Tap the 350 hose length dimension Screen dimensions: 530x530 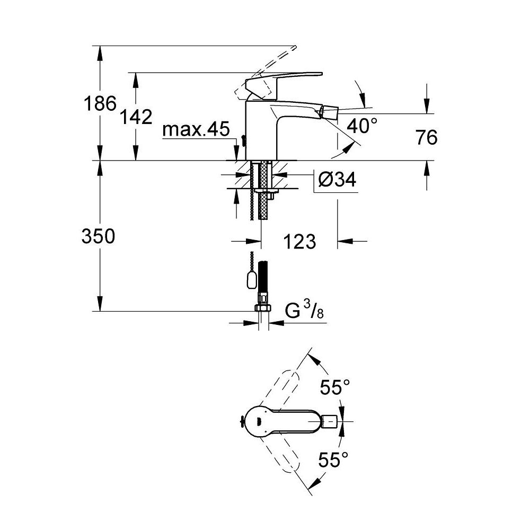click(99, 236)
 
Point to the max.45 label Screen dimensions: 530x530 click(196, 129)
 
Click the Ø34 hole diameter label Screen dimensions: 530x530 click(337, 180)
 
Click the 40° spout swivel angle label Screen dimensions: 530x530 click(363, 126)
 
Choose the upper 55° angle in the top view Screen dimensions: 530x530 click(335, 388)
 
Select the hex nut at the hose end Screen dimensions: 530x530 click(262, 308)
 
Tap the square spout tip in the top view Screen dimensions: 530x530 click(329, 421)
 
